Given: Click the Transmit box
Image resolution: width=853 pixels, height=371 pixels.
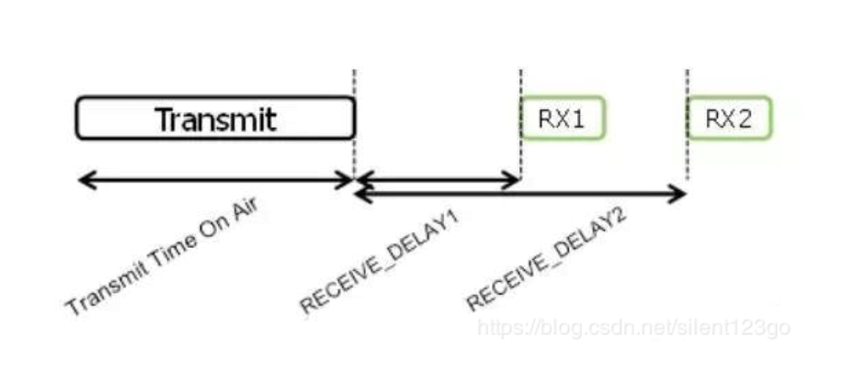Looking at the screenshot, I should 215,118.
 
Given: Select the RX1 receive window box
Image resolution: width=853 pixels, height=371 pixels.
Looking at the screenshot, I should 563,118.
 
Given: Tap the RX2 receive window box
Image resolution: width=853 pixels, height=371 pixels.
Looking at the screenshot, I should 730,118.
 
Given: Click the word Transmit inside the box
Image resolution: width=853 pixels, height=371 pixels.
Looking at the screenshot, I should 215,119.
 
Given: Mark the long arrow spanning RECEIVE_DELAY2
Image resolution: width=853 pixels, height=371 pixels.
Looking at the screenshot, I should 520,194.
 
